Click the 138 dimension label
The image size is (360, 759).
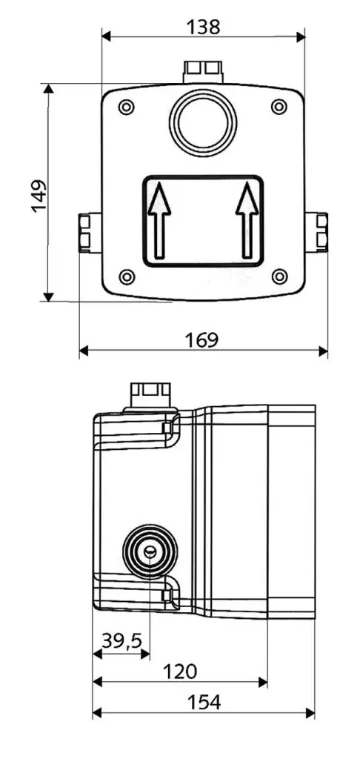(202, 27)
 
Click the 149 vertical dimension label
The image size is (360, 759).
(39, 195)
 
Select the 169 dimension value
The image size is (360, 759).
(202, 339)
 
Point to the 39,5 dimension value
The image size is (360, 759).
(122, 641)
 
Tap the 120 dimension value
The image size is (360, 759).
(180, 671)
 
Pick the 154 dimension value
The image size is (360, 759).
(203, 703)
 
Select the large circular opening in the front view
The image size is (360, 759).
(202, 121)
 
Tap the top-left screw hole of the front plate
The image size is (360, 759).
(127, 107)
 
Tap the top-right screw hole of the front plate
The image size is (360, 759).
(279, 107)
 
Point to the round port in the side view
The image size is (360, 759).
(150, 552)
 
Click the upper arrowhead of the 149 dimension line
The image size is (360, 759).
(49, 89)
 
